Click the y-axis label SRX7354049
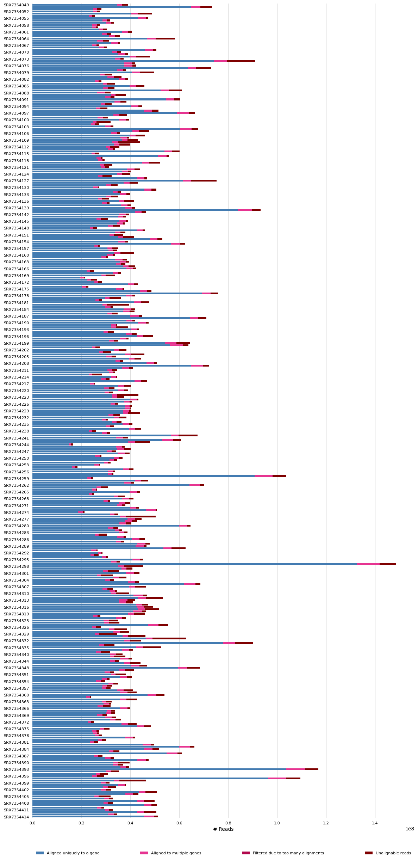coord(16,5)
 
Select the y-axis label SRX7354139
coord(16,208)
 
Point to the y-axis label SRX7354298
coord(16,566)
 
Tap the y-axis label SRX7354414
coord(16,817)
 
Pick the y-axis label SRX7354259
coord(16,478)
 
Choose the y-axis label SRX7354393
coord(16,769)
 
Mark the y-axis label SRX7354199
coord(16,343)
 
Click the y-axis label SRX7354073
coord(16,59)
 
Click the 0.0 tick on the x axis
coord(32,824)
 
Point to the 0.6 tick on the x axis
coord(179,824)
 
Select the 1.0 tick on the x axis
coord(277,824)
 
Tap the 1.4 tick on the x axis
coord(375,824)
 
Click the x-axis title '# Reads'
coord(223,829)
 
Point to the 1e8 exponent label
coord(410,829)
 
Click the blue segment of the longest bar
coord(194,564)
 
